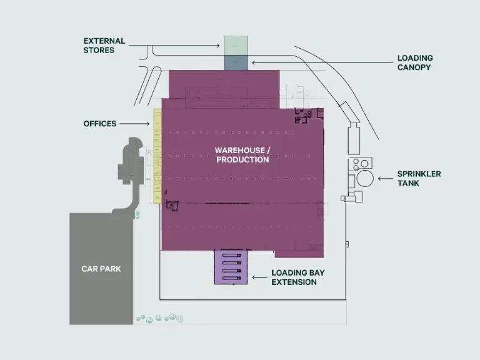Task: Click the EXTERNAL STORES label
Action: click(x=104, y=46)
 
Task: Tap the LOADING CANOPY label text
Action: click(x=415, y=62)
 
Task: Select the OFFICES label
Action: click(x=100, y=124)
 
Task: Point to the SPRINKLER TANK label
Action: click(x=419, y=179)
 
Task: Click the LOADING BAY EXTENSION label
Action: click(x=298, y=277)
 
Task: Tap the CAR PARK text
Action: click(x=101, y=269)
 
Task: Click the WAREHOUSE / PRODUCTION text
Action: click(x=242, y=155)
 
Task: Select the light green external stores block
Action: click(x=236, y=46)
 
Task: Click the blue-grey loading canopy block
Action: click(x=236, y=62)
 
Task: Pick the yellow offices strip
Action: click(x=157, y=156)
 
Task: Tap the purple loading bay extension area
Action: click(x=231, y=267)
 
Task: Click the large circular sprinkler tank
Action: click(x=365, y=178)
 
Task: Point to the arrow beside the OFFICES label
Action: click(x=134, y=124)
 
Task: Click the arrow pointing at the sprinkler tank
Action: click(x=386, y=179)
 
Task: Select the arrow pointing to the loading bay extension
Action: click(x=259, y=277)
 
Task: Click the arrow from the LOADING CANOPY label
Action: click(x=322, y=62)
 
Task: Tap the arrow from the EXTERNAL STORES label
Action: click(x=174, y=46)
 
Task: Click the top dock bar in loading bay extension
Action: click(x=232, y=255)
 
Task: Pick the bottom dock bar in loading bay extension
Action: click(x=232, y=278)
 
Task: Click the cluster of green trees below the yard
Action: click(x=160, y=318)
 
